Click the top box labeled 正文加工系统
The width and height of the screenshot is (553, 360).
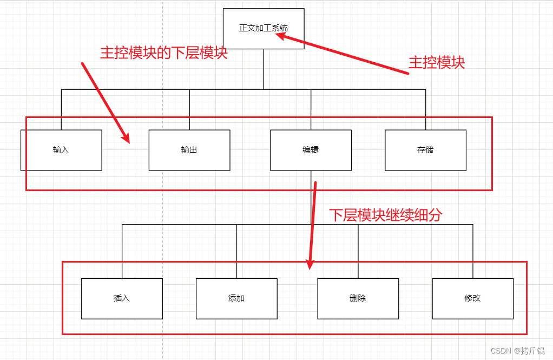pos(264,28)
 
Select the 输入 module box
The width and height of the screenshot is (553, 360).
pos(61,150)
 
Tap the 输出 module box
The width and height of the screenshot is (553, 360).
pos(189,150)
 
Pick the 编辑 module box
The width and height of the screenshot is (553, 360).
pos(311,150)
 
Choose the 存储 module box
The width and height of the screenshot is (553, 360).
pos(425,150)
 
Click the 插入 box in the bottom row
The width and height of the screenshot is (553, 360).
pos(122,298)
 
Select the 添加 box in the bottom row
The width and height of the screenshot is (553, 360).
pos(236,298)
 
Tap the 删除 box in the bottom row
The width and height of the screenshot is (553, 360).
pos(358,298)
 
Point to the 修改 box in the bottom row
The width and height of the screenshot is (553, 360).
pos(472,298)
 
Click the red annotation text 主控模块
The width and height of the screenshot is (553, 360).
pos(437,63)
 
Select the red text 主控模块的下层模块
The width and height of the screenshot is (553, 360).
pos(163,53)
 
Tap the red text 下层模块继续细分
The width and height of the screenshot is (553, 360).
pos(385,215)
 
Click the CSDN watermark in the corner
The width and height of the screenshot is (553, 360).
pos(517,351)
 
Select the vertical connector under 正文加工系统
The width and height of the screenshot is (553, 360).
pos(264,69)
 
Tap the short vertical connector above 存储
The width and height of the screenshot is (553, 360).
pos(425,109)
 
